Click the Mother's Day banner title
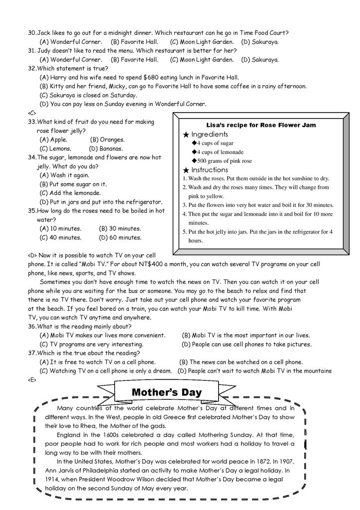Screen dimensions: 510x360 click(x=167, y=392)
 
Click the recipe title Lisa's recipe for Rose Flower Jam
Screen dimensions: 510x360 click(x=261, y=125)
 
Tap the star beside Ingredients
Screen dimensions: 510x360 click(x=186, y=134)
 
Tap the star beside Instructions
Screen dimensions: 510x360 click(x=186, y=170)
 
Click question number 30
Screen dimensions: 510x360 click(x=32, y=33)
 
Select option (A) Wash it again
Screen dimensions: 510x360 click(x=65, y=175)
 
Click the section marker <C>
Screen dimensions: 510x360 click(x=32, y=113)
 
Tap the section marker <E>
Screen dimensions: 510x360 click(x=32, y=380)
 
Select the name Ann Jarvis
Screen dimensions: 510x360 click(x=61, y=470)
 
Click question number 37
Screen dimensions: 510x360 click(x=32, y=353)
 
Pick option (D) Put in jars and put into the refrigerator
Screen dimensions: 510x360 click(x=101, y=202)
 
